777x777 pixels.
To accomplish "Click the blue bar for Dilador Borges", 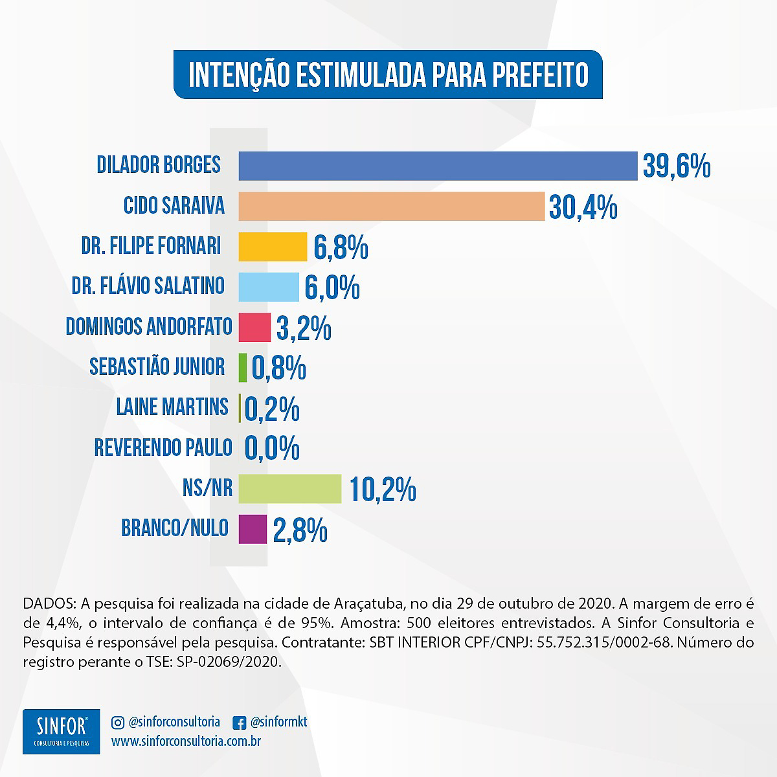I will tap(438, 166).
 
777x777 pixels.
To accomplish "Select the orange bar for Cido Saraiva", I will tap(391, 206).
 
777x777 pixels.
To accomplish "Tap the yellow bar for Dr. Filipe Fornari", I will tap(273, 246).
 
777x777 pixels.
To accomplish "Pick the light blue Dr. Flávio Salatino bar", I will tap(269, 287).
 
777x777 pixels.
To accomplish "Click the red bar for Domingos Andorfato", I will tap(254, 327).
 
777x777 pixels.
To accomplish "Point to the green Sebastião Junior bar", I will tap(243, 368).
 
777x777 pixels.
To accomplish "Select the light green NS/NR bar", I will tap(289, 488).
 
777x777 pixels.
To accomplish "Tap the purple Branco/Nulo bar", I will tap(253, 529).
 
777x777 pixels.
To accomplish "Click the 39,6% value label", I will tap(677, 166).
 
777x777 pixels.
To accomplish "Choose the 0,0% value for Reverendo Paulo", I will tap(272, 448).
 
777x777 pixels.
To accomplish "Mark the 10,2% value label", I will tap(383, 489).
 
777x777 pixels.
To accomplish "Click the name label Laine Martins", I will tap(172, 407).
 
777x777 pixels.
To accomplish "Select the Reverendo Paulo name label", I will tap(163, 447).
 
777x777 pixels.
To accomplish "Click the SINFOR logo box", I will tap(62, 731).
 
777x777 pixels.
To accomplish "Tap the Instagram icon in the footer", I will tap(118, 722).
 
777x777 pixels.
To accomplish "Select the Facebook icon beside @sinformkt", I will tap(238, 722).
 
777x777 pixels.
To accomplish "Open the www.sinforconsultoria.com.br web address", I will tap(186, 741).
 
